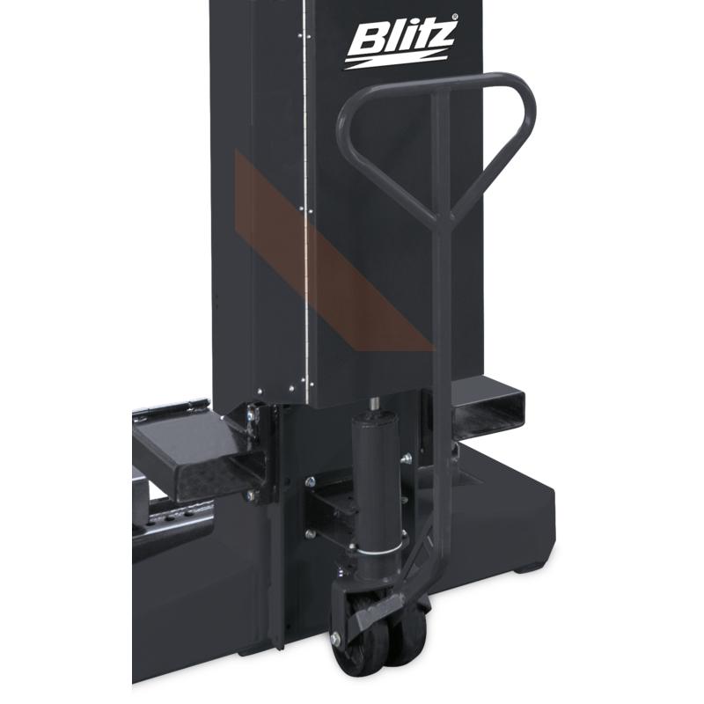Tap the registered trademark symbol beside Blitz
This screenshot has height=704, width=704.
[x=455, y=17]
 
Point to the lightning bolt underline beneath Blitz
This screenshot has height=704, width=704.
[x=395, y=61]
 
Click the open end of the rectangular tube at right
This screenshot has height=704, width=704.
[x=488, y=409]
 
